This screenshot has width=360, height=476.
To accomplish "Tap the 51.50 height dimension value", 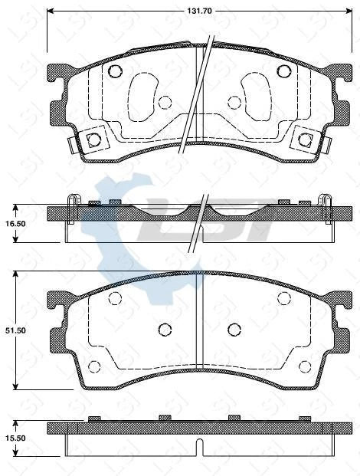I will (x=16, y=330).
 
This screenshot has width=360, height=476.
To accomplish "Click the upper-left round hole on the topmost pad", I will (x=114, y=72).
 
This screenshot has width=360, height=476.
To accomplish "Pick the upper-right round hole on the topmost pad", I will (x=283, y=72).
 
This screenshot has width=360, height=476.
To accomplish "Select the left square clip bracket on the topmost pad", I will (x=94, y=139).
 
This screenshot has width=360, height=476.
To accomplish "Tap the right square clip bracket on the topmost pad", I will (x=305, y=139).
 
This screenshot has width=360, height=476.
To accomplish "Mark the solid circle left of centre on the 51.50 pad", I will (x=164, y=330).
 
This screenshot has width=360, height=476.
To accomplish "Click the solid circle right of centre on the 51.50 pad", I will (x=234, y=330).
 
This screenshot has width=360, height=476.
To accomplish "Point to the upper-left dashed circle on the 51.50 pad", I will (x=115, y=298).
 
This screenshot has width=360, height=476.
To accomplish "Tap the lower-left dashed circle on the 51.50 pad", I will (x=94, y=366).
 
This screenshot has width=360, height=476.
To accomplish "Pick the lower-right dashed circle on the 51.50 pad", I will (x=304, y=366).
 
